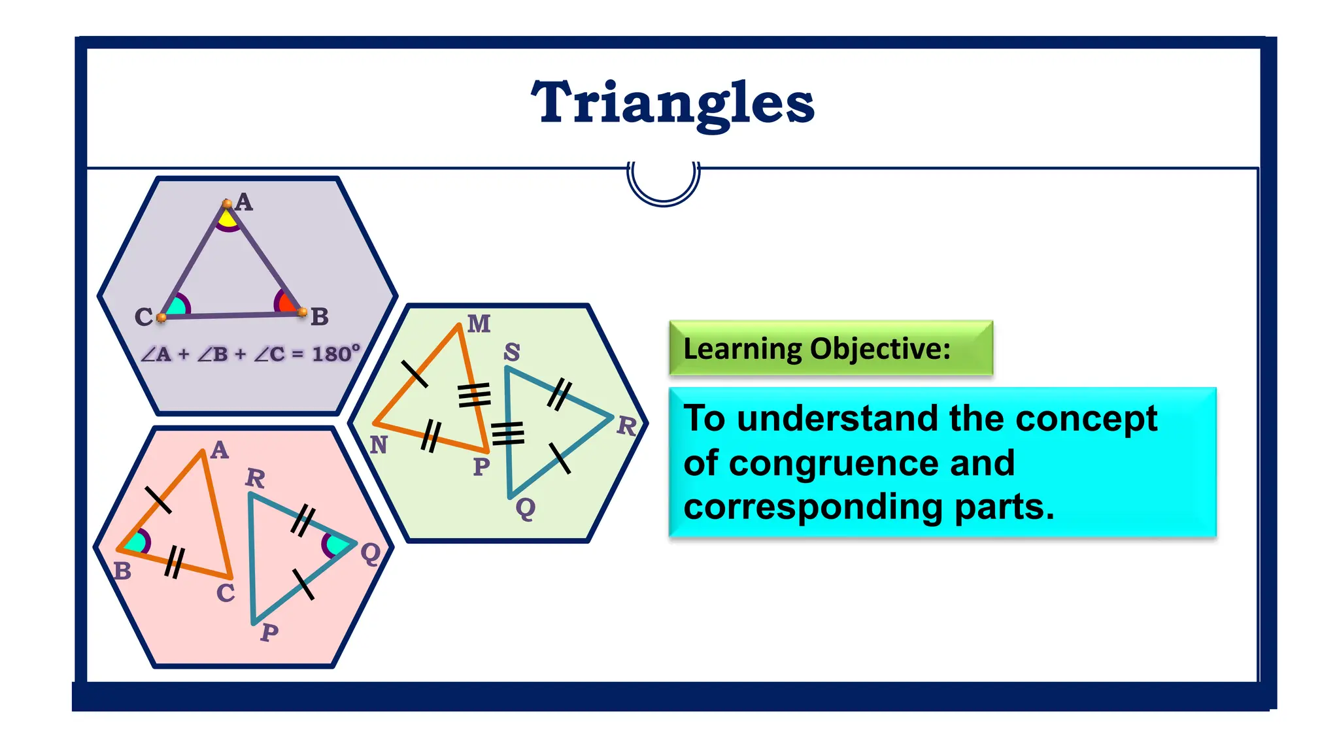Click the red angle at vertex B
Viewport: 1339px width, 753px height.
point(286,303)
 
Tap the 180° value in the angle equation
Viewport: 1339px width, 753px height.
point(335,354)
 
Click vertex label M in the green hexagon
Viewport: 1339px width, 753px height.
point(479,324)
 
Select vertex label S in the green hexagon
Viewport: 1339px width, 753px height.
point(511,352)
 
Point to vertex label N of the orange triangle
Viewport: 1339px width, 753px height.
point(379,445)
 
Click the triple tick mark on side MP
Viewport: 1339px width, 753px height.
point(474,394)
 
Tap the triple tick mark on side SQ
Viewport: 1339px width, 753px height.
point(508,433)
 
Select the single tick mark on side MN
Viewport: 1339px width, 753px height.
point(414,373)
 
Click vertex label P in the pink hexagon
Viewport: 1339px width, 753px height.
point(269,632)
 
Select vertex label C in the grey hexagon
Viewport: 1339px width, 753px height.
point(143,317)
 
